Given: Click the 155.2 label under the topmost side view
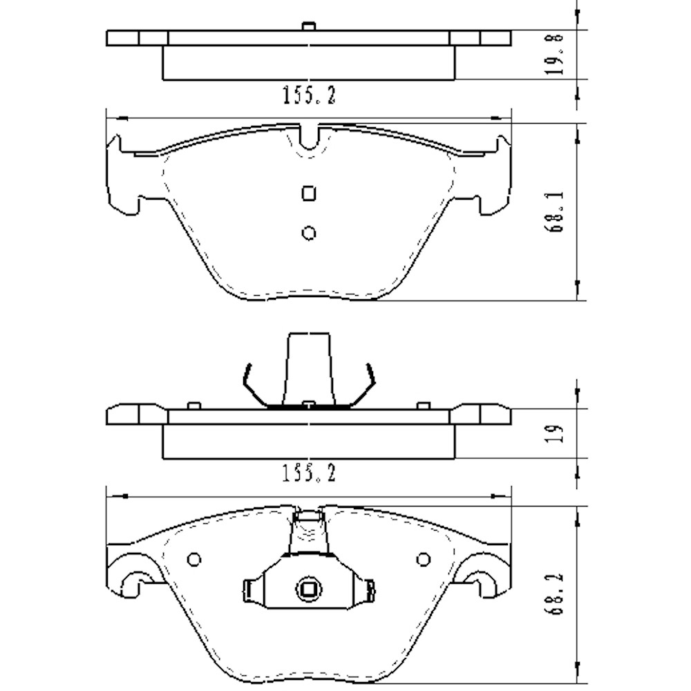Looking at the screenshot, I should [309, 96].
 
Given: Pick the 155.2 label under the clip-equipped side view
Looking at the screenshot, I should [309, 474].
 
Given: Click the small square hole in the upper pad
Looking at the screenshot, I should [309, 193].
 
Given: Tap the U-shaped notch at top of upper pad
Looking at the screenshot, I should [309, 138].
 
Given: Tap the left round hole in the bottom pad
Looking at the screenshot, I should [194, 559].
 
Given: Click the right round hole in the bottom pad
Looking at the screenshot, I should [423, 559].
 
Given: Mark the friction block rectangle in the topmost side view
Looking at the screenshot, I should [308, 63].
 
